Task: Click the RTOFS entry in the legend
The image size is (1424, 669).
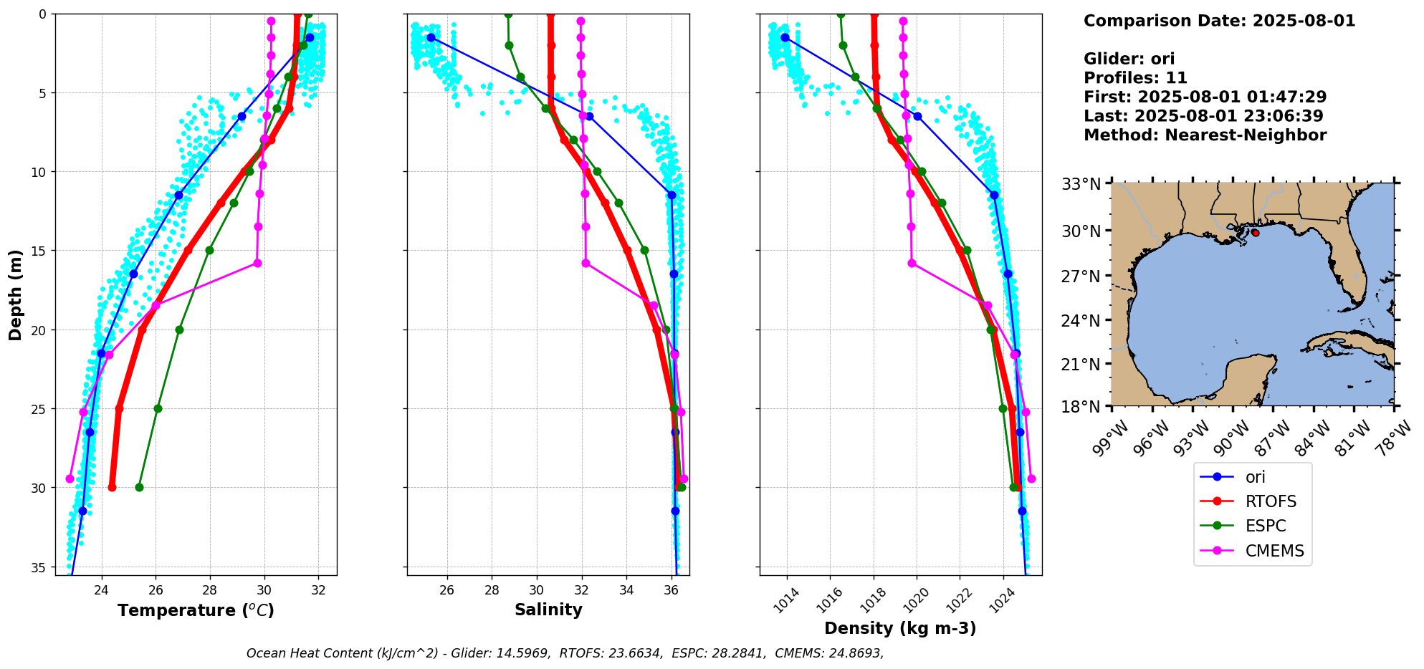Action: coord(1270,501)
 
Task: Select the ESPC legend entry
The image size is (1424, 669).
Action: coord(1265,526)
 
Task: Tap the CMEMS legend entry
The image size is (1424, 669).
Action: coord(1274,551)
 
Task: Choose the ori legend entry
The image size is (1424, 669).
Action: coord(1255,477)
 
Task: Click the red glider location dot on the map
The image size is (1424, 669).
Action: coord(1255,233)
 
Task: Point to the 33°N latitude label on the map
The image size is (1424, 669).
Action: coord(1081,184)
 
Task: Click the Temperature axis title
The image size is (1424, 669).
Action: coord(196,610)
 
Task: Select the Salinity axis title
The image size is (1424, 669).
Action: coord(548,610)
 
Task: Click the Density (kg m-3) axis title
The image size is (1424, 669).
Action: coord(900,628)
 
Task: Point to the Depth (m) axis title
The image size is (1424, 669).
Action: coord(15,294)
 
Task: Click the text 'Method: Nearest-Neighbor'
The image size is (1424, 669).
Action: coord(1205,135)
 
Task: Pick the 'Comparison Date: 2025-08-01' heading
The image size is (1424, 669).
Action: coord(1219,21)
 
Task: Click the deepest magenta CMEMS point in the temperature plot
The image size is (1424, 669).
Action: coord(70,478)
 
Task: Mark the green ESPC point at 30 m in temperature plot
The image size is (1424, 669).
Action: coord(139,487)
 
